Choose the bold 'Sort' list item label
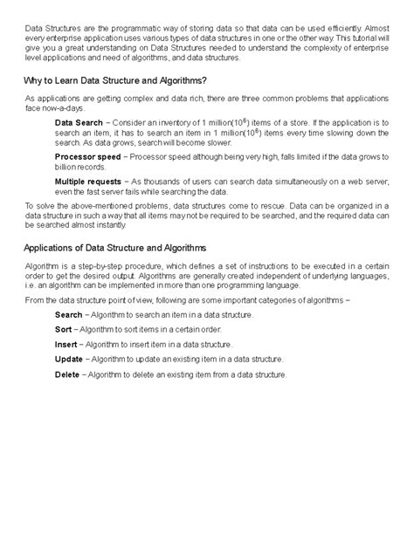(64, 328)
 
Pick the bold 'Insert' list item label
(66, 344)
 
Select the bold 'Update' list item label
(69, 359)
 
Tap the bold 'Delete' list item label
(67, 374)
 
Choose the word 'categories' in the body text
(295, 298)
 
